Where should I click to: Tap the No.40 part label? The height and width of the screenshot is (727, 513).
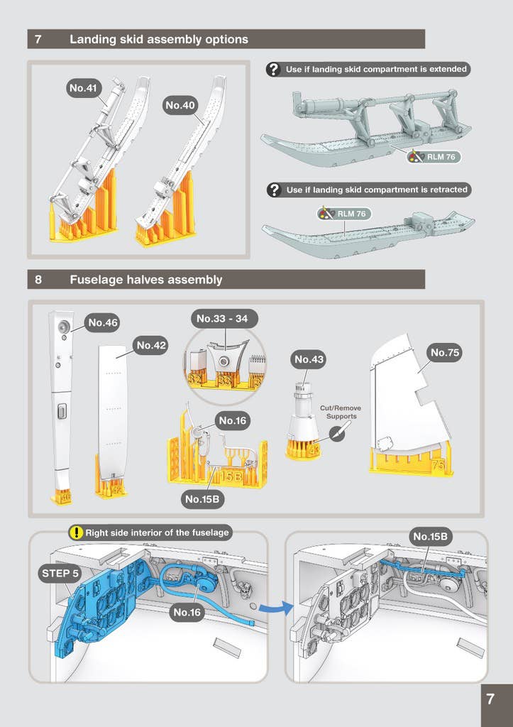[x=180, y=105]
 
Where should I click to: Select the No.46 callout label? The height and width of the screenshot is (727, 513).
[x=102, y=323]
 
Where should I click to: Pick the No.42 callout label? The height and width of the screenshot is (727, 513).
[x=151, y=345]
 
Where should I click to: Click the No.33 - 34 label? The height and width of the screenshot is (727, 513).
[x=222, y=319]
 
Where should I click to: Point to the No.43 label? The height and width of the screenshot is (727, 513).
[x=309, y=360]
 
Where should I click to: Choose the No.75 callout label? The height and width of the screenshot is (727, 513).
[x=445, y=352]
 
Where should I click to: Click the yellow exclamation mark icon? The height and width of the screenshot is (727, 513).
[x=75, y=532]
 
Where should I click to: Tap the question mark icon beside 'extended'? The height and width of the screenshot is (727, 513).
[x=273, y=70]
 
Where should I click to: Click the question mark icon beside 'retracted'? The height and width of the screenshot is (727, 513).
[x=273, y=190]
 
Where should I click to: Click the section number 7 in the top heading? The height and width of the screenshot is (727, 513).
[x=38, y=40]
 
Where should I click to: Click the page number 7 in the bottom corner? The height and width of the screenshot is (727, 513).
[x=490, y=699]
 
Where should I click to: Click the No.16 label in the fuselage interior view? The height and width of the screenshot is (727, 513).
[x=188, y=612]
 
